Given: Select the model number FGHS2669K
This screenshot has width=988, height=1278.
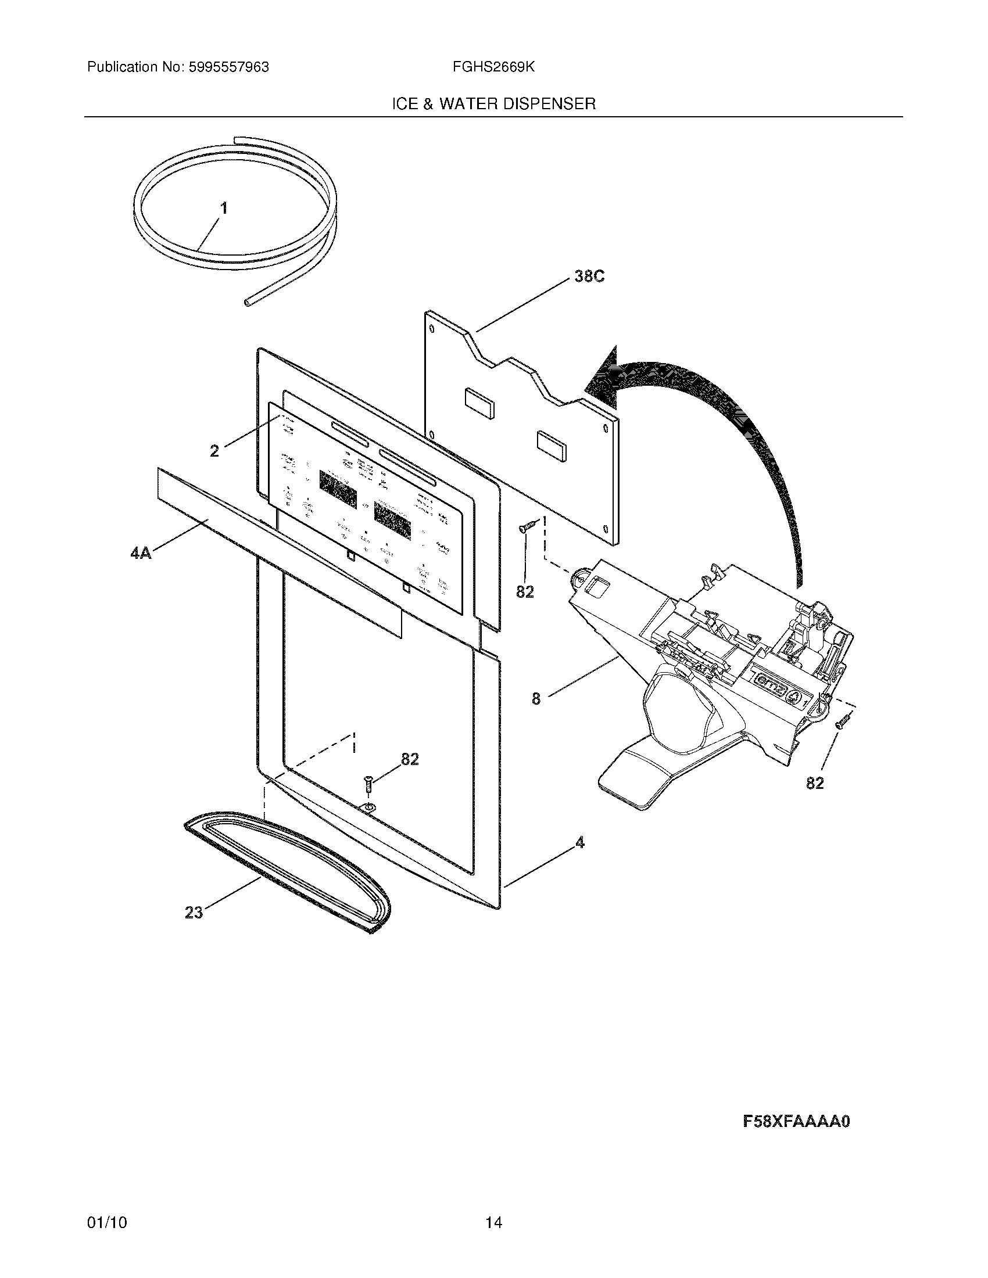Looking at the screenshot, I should [x=493, y=67].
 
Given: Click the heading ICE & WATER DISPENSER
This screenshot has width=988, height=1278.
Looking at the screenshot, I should [x=493, y=104].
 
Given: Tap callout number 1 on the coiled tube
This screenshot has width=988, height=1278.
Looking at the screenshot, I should [x=224, y=208].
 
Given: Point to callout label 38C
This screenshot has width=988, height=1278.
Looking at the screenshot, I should [x=589, y=277].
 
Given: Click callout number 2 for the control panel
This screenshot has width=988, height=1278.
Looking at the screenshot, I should [x=214, y=451].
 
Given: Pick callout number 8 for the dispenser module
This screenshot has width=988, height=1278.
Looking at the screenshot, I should [x=536, y=698].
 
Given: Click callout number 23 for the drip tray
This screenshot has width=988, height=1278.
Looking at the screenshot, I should [x=194, y=911].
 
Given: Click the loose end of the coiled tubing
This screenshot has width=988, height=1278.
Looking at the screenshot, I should [x=248, y=302].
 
